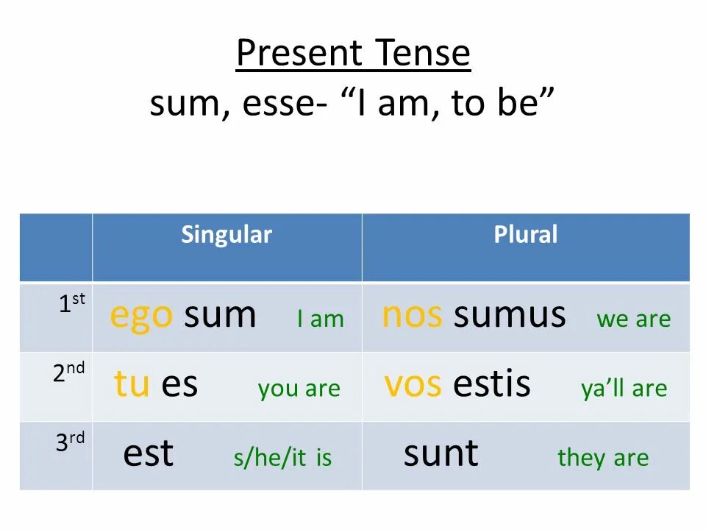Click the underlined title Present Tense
tap(353, 53)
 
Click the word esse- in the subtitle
tap(285, 103)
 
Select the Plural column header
tap(525, 234)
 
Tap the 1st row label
tap(72, 303)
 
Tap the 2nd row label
tap(68, 372)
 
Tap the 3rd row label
tap(70, 442)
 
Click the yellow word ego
tap(141, 317)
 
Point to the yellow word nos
tap(412, 315)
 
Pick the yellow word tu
tap(132, 384)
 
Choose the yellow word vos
tap(413, 384)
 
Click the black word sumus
tap(510, 315)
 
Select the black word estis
tap(492, 384)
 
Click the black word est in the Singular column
tap(148, 453)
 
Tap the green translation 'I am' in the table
tap(321, 319)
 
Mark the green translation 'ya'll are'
tap(624, 389)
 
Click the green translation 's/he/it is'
tap(282, 458)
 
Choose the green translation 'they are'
tap(603, 459)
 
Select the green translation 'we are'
tap(633, 319)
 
